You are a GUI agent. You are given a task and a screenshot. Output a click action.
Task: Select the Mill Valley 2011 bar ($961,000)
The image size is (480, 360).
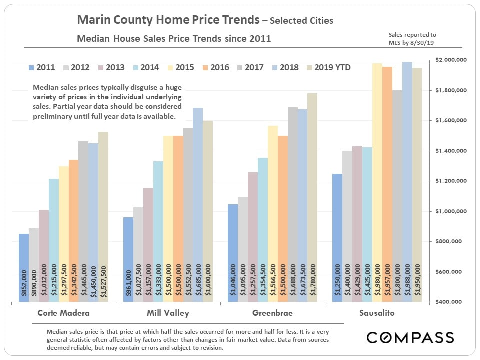128,259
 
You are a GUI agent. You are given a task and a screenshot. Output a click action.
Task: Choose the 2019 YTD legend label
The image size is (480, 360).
332,67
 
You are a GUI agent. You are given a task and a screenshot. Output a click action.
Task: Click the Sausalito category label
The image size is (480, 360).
377,313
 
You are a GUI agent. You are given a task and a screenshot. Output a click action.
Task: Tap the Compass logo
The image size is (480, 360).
410,337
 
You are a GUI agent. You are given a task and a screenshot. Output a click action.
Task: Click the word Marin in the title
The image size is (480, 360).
94,20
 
